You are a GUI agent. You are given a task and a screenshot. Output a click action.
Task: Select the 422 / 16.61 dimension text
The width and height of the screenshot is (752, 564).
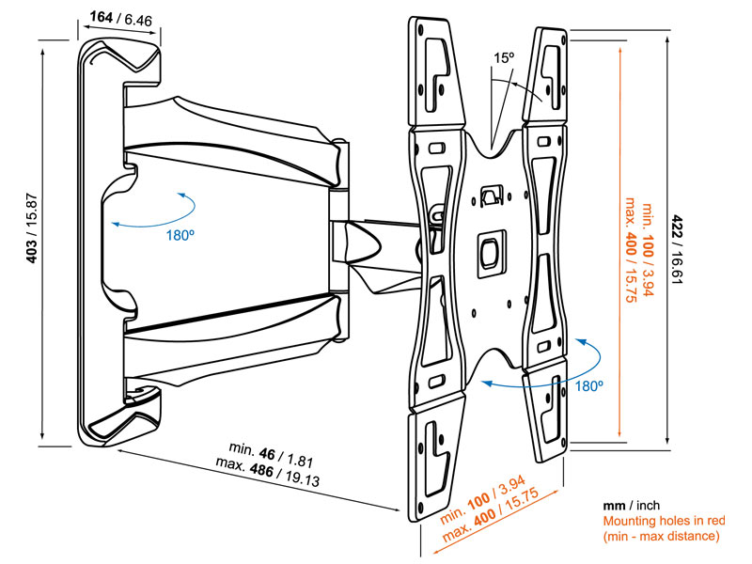[x=680, y=243]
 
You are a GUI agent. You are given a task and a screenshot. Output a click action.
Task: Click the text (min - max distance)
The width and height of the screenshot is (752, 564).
[x=661, y=537]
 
